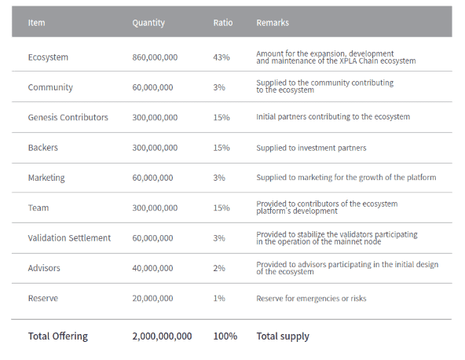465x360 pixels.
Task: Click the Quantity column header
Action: tap(148, 23)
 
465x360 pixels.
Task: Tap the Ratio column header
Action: tap(223, 23)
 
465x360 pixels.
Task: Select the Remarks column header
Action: tap(273, 23)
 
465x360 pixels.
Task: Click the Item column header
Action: tap(36, 23)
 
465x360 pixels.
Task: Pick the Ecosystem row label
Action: tap(48, 57)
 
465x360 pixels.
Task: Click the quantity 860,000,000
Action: tap(155, 57)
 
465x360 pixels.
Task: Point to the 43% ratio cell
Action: tap(222, 57)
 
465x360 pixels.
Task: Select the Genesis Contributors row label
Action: tap(68, 117)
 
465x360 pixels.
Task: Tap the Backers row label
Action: tap(43, 148)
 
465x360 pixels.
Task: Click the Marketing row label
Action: tap(46, 178)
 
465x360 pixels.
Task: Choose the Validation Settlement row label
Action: tap(69, 238)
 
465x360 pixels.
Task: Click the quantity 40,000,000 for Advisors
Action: tap(152, 268)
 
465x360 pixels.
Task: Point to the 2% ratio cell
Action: tap(219, 268)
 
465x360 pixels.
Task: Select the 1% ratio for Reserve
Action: tap(219, 298)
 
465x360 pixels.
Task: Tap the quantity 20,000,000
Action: tap(152, 298)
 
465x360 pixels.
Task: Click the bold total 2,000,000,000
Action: tap(162, 336)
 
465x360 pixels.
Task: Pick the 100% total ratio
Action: tap(225, 336)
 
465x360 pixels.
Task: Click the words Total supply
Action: tap(283, 336)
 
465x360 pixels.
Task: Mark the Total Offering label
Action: tap(58, 336)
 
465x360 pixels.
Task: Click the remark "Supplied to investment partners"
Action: tap(311, 148)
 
